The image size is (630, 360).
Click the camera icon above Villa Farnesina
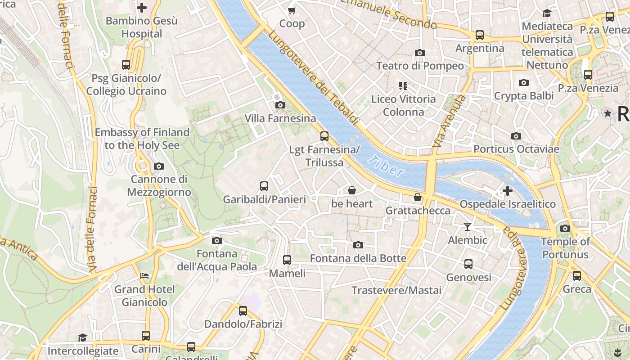[280, 105]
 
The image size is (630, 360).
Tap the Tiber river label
[386, 166]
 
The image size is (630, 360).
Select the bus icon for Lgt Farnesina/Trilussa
[324, 136]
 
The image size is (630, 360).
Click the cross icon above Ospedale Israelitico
[507, 191]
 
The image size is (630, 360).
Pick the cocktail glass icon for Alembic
[468, 226]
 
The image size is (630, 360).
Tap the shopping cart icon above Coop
[292, 10]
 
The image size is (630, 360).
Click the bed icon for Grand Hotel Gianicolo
[144, 275]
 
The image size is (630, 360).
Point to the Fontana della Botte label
[358, 258]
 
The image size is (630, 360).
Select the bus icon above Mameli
[287, 260]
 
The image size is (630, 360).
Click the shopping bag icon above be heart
[352, 190]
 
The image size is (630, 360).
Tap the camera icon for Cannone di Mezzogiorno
[158, 166]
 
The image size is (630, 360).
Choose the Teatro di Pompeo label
[419, 66]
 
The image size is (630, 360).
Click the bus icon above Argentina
[480, 35]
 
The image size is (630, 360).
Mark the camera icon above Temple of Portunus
[565, 228]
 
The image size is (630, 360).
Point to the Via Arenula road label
[448, 121]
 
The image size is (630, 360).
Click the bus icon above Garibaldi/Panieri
[264, 186]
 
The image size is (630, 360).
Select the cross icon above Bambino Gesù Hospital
[142, 7]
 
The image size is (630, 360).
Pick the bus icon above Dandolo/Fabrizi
[243, 310]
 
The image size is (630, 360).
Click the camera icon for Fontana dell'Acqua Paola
[216, 240]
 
